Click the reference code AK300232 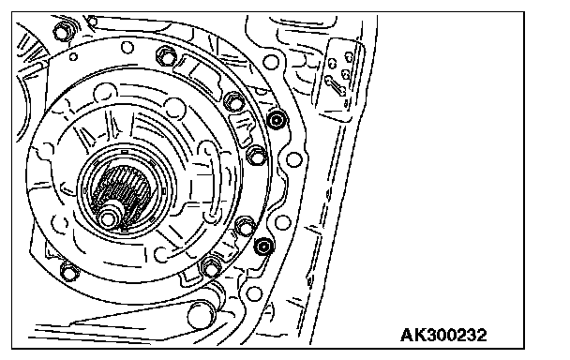443,335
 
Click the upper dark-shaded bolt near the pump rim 277,120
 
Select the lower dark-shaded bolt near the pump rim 263,247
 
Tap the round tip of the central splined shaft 108,218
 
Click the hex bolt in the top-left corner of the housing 63,32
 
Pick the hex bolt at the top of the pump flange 167,56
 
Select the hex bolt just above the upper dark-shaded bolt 233,101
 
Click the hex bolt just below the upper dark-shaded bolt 257,156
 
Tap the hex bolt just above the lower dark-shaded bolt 245,227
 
